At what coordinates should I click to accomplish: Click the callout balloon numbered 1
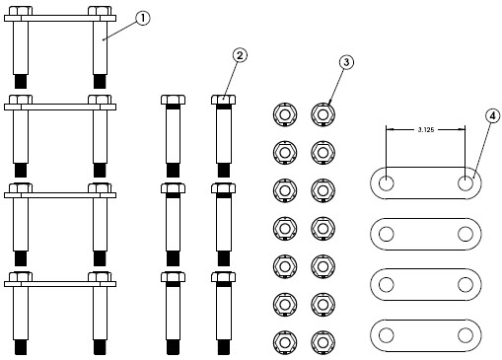point(142,18)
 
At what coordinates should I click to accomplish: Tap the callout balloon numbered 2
point(240,55)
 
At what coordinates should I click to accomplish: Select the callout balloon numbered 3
point(346,62)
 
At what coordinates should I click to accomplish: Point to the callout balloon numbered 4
point(492,115)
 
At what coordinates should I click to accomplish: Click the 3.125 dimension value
point(426,129)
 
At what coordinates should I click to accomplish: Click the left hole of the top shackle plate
point(386,183)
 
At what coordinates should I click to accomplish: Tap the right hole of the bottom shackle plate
point(466,335)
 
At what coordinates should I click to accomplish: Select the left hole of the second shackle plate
point(386,234)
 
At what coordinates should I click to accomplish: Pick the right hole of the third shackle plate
point(466,285)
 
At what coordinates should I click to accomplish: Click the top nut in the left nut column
point(285,114)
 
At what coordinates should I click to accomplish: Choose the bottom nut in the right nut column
point(323,342)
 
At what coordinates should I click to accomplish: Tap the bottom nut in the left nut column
point(285,342)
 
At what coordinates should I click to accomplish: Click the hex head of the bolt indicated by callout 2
point(223,100)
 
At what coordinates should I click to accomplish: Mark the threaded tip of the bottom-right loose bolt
point(224,348)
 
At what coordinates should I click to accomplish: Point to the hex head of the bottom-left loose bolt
point(173,277)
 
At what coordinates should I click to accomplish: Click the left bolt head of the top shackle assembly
point(21,11)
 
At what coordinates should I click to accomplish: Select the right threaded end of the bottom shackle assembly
point(100,347)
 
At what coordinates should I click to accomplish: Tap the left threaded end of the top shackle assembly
point(21,81)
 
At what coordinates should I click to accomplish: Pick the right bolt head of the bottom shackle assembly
point(100,276)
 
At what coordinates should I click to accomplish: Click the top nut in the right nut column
point(323,114)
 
